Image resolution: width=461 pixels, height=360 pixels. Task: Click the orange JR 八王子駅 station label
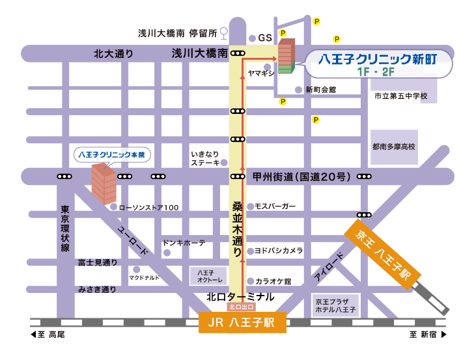pyautogui.click(x=242, y=323)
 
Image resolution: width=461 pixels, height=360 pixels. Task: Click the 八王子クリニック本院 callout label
pyautogui.click(x=111, y=155)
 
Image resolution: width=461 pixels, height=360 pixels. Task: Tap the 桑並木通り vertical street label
pyautogui.click(x=237, y=227)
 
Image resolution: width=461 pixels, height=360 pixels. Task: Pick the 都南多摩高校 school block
pyautogui.click(x=393, y=148)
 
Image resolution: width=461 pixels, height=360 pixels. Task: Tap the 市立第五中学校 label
pyautogui.click(x=400, y=96)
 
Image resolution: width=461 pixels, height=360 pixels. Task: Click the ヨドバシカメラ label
pyautogui.click(x=278, y=250)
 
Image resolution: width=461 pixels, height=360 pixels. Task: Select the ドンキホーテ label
pyautogui.click(x=184, y=243)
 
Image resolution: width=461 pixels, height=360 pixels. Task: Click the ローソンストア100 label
pyautogui.click(x=149, y=207)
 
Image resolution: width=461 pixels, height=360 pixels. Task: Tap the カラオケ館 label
pyautogui.click(x=273, y=281)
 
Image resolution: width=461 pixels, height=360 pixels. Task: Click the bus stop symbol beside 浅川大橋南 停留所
pyautogui.click(x=224, y=32)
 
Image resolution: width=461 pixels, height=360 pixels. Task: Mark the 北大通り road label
pyautogui.click(x=113, y=54)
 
